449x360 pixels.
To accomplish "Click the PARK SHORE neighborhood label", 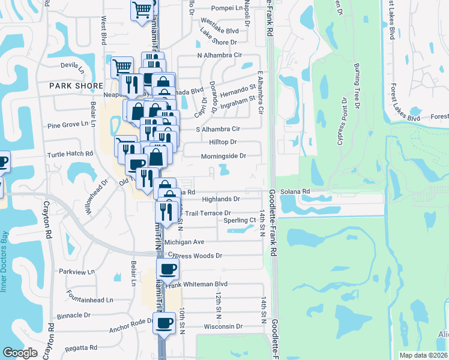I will pos(77,86).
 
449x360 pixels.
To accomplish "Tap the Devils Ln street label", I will pos(73,65).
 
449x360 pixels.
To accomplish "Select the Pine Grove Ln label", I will pos(68,127).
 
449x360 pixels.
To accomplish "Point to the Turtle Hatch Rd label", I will pos(70,154).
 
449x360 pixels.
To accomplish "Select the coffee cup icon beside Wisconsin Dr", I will pos(164,323).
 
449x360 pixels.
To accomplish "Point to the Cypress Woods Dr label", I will pos(195,256).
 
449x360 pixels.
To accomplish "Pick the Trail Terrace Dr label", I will pos(208,213).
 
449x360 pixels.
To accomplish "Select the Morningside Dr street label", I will pos(223,156).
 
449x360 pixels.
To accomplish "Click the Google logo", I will pos(20,353).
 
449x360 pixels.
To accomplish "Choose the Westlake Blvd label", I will pos(218,30).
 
